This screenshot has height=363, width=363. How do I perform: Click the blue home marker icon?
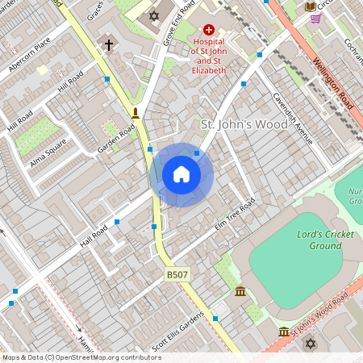(181, 174)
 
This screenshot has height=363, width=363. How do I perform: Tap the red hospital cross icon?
(208, 28)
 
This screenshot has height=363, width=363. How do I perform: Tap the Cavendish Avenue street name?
(291, 119)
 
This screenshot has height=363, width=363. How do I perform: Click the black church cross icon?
(109, 45)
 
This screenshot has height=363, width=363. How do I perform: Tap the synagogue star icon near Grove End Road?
(155, 15)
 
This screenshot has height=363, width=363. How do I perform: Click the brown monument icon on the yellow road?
(136, 113)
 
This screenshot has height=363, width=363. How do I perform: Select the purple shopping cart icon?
(315, 18)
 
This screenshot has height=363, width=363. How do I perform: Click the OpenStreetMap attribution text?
(81, 357)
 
